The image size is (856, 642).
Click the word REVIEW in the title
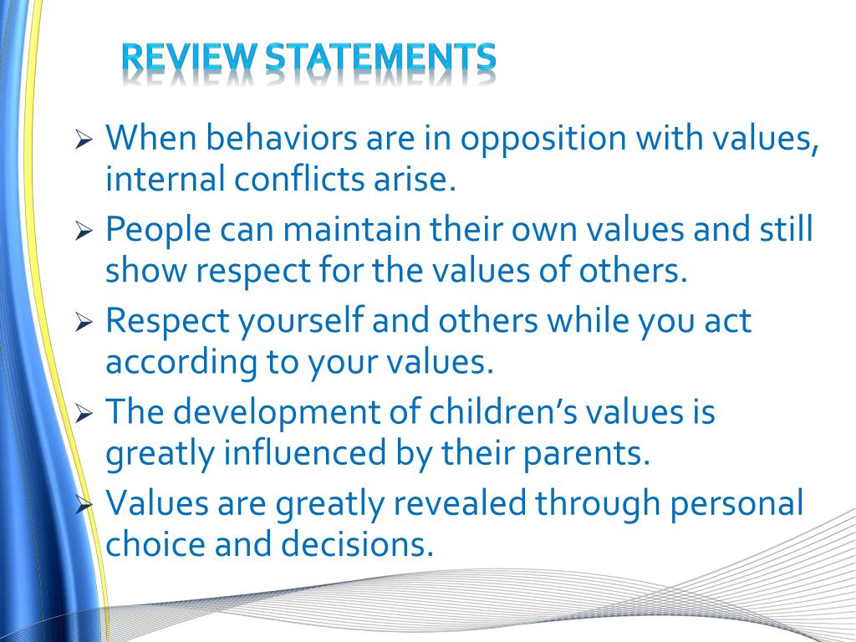click(190, 58)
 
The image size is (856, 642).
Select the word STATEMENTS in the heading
click(381, 58)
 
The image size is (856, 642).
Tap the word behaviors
click(281, 137)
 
